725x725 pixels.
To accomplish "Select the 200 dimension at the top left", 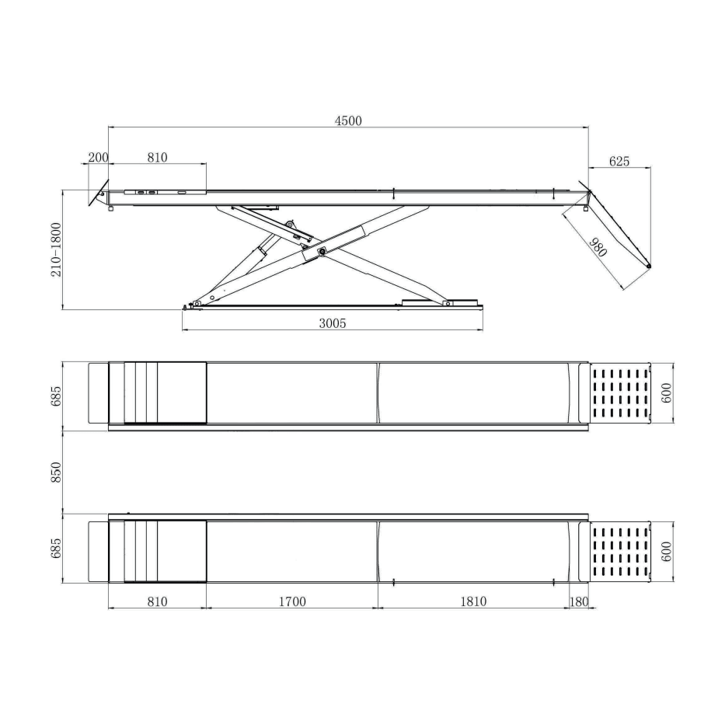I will [98, 157].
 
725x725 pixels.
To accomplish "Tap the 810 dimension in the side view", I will [157, 157].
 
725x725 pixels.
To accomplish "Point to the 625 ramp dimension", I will [619, 162].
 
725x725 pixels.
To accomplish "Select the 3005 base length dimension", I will [332, 323].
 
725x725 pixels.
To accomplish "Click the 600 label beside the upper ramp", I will [666, 393].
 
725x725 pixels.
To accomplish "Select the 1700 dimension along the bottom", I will [291, 601].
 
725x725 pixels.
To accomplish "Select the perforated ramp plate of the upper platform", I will [619, 393].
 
